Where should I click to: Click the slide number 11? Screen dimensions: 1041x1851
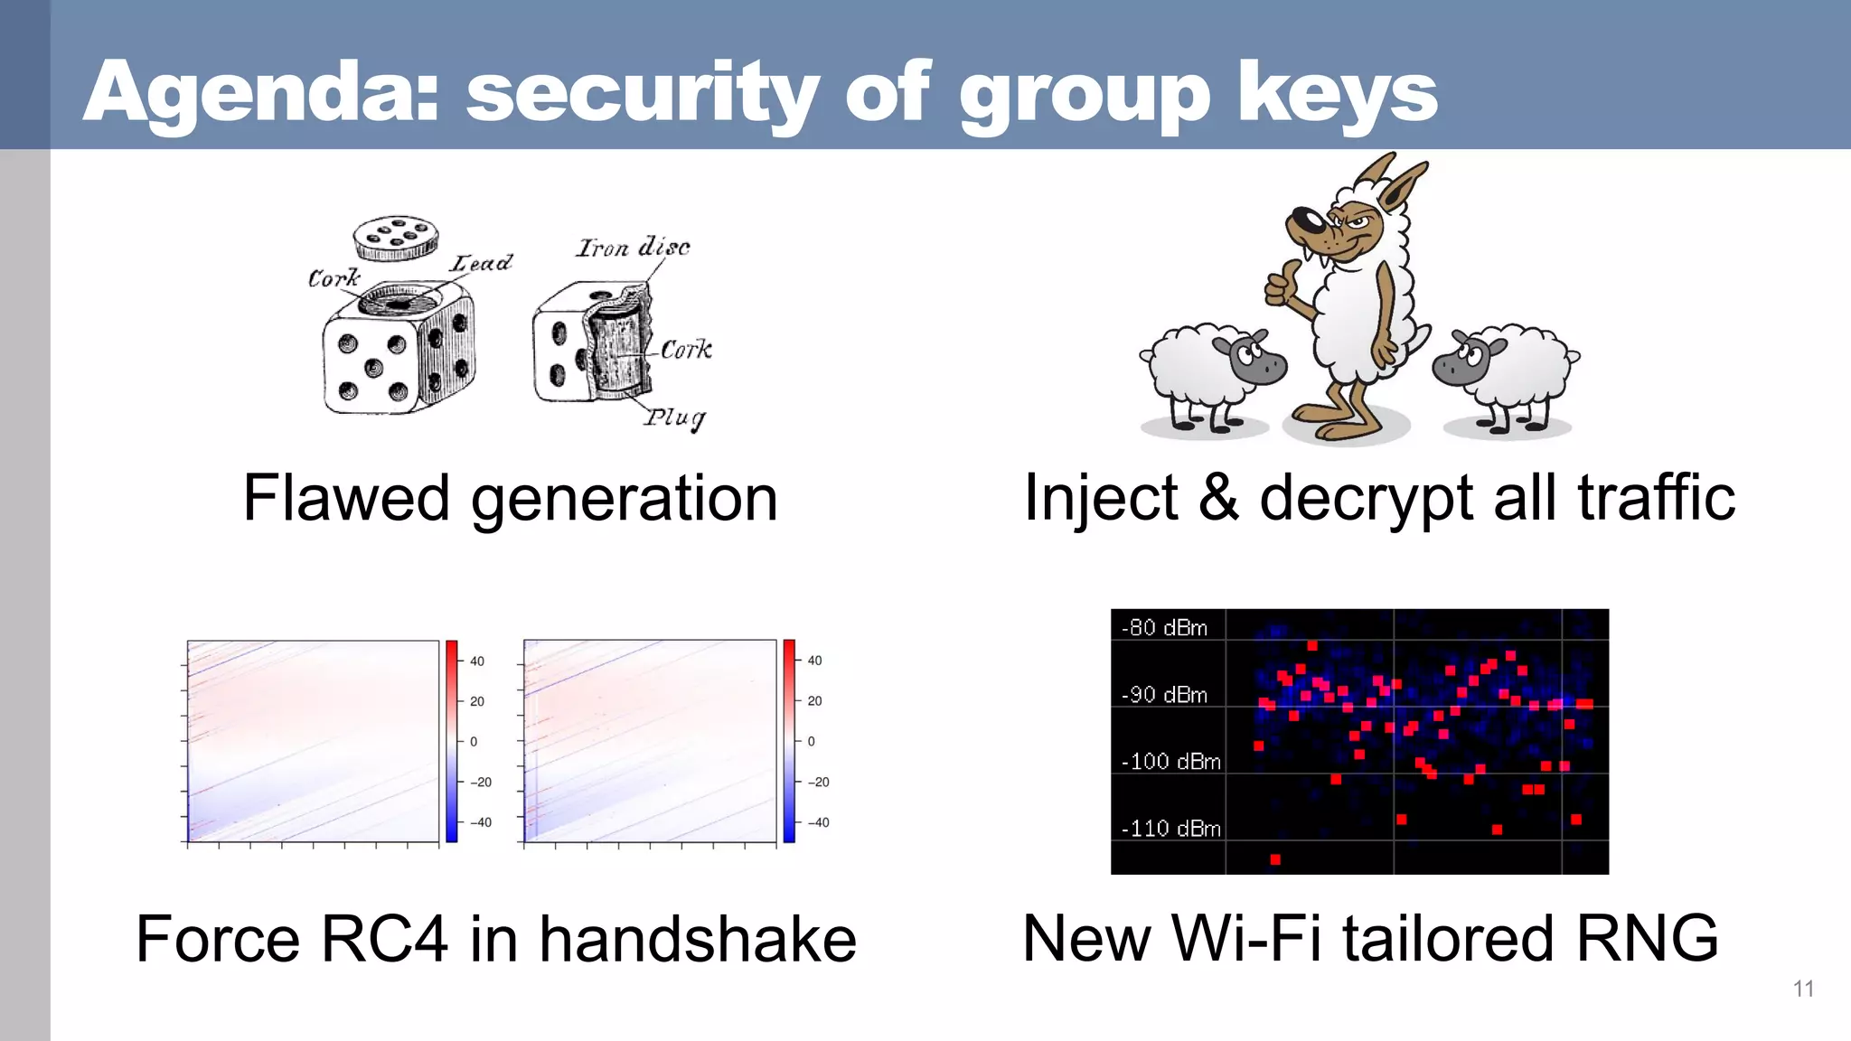[x=1803, y=989]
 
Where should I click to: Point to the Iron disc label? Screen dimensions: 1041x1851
[x=633, y=247]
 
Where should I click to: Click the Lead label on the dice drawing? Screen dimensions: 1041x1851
[x=482, y=263]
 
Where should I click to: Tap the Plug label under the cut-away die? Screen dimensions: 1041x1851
[x=674, y=417]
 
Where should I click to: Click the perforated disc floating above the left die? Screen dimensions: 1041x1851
[x=396, y=238]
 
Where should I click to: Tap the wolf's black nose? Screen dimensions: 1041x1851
[x=1304, y=220]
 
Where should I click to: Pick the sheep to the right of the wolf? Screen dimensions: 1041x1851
[x=1507, y=372]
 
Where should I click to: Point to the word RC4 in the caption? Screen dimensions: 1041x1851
[x=384, y=939]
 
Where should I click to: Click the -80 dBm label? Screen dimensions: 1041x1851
[x=1165, y=627]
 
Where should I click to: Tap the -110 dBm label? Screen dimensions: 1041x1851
[x=1170, y=828]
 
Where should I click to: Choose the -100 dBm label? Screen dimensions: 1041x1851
[x=1170, y=761]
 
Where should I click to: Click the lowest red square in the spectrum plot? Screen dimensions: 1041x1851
[x=1275, y=859]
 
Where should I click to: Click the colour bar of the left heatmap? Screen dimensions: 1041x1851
[x=452, y=741]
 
